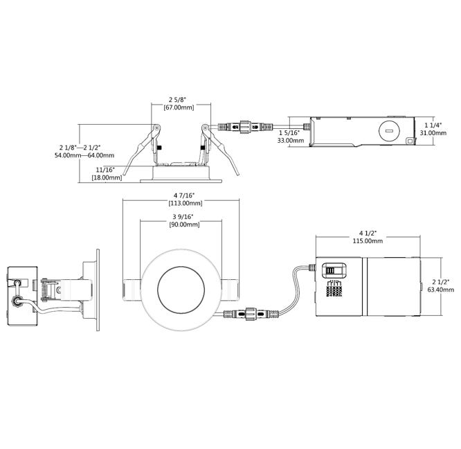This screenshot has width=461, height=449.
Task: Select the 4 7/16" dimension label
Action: pos(182,195)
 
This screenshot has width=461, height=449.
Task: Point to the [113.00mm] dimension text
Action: pos(182,204)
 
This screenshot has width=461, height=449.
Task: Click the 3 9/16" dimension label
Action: pos(182,217)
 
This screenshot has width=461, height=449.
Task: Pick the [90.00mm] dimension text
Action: pos(182,226)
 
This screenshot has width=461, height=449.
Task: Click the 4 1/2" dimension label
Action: pos(368,231)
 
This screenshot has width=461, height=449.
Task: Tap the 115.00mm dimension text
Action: pos(368,240)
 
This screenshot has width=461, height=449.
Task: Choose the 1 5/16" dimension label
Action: pos(290,132)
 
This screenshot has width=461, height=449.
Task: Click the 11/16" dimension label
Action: pos(105,169)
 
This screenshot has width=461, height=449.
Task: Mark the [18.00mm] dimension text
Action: pos(107,178)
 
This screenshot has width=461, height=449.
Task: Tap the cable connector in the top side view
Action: pos(243,128)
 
